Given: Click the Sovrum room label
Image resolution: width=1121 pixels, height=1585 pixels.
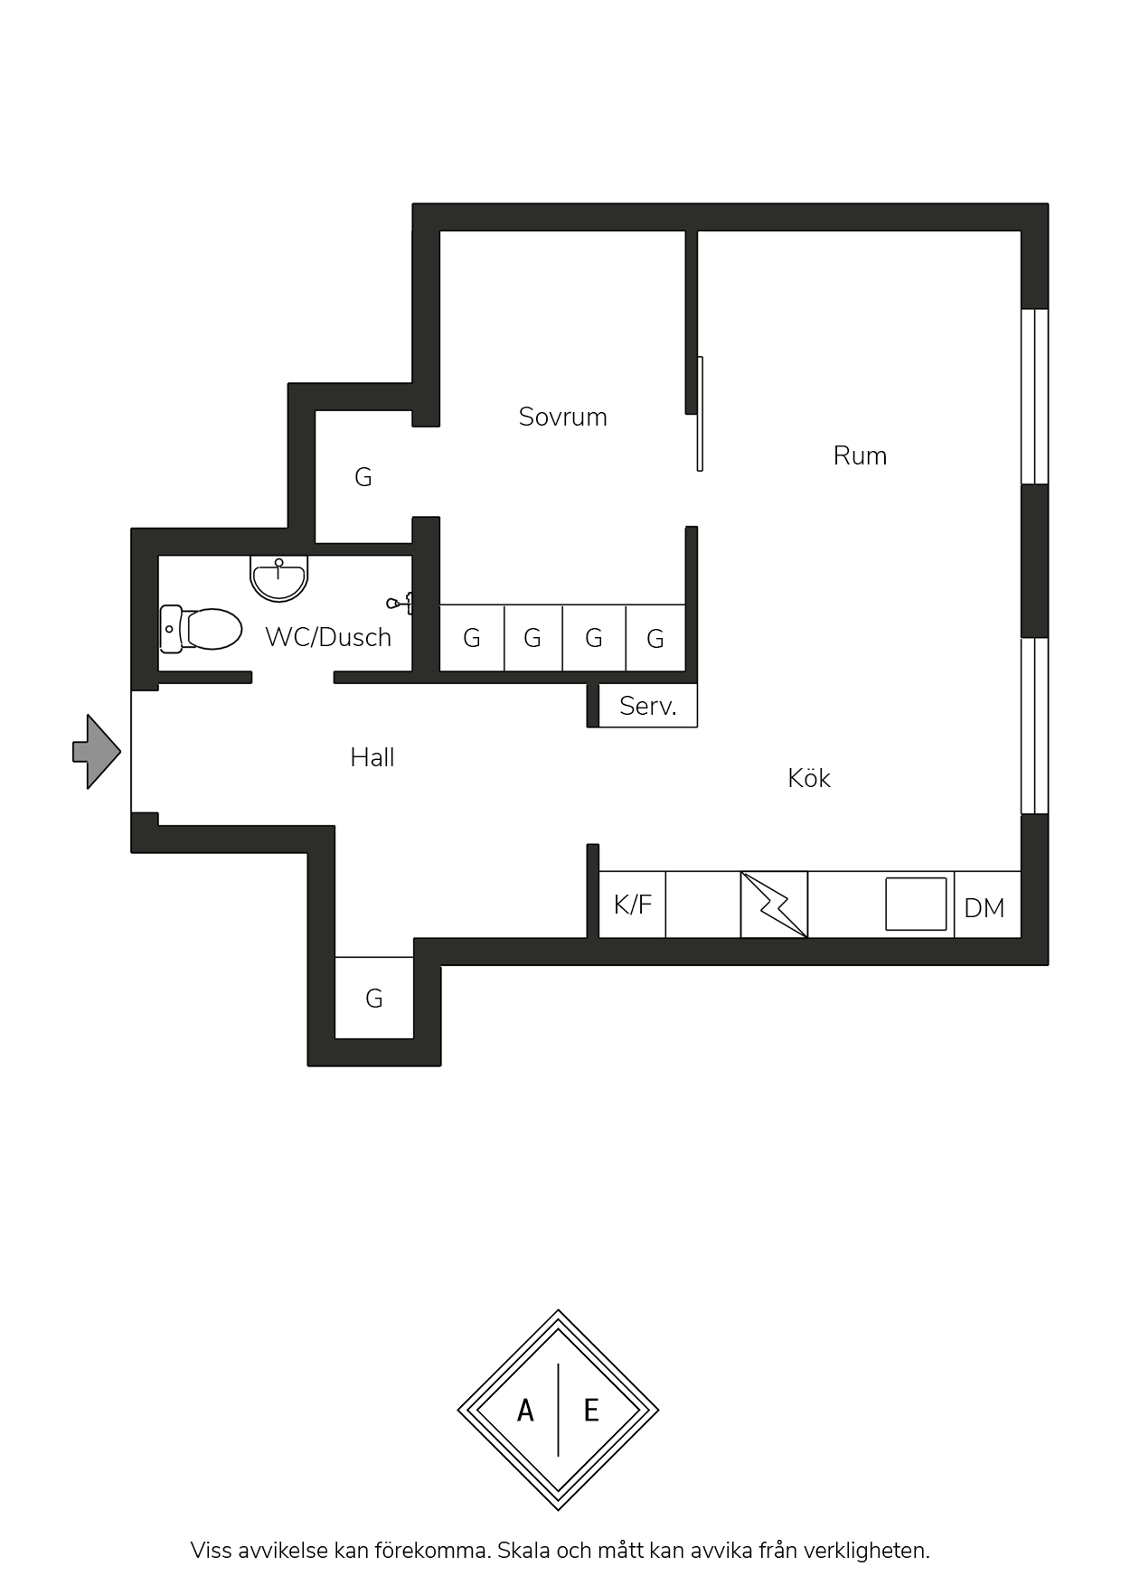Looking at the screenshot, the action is coord(562,417).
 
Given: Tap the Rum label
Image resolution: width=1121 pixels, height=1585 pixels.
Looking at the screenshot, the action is coord(860,455).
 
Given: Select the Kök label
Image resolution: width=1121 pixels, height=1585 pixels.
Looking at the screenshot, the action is coord(808,778).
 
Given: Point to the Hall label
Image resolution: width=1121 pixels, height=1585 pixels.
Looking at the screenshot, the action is coord(372,757).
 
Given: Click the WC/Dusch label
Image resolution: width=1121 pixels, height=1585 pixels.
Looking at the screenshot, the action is coord(328,637).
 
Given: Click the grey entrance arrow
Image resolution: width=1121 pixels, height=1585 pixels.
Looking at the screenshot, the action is coord(97,752).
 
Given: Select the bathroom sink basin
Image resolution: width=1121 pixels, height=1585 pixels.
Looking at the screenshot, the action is coord(279,578).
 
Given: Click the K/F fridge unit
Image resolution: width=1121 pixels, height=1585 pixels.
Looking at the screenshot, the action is coord(632,905).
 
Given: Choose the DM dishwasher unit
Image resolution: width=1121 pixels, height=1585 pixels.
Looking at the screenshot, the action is coord(987,905).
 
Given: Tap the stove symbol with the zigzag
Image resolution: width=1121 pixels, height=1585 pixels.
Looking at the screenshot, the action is coord(774,905).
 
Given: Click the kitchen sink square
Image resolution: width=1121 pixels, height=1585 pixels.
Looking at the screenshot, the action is coord(916,904).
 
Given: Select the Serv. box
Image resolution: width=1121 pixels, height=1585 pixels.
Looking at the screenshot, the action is coord(647,706).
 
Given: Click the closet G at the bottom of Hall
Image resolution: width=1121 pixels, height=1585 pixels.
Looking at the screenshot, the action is coord(374,998).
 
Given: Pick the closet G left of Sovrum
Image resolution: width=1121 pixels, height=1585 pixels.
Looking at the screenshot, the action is coord(363,477).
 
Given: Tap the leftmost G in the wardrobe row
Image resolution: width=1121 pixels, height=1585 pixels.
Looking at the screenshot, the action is coord(472,638).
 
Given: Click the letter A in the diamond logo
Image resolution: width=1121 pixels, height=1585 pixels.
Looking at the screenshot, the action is coord(525,1411).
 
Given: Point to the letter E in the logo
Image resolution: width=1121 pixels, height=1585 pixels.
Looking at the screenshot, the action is coord(591,1411).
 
